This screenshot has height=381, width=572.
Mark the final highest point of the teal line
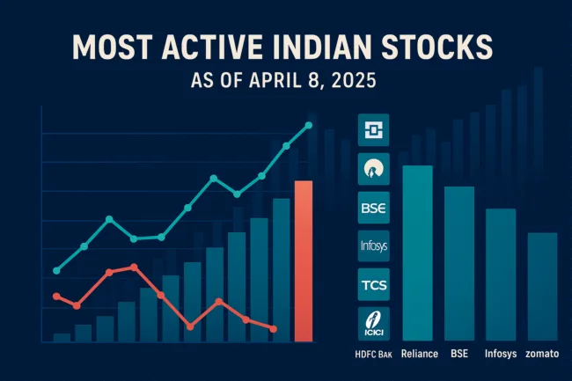pyautogui.click(x=308, y=125)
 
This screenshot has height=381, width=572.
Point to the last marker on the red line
pyautogui.click(x=274, y=328)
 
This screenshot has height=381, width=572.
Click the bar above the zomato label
pyautogui.click(x=542, y=286)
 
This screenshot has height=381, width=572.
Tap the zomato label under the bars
pyautogui.click(x=542, y=354)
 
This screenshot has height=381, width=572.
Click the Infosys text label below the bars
pyautogui.click(x=500, y=354)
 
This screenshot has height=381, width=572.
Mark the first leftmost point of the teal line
pyautogui.click(x=56, y=270)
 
